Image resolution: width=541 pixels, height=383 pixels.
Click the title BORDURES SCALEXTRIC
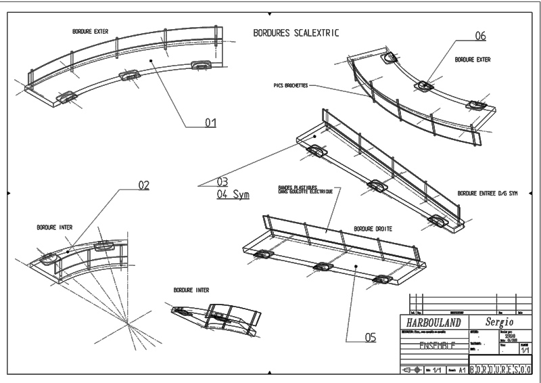pos(296,32)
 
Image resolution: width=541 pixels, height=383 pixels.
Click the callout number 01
pos(210,122)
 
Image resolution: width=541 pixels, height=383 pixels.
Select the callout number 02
pos(143,185)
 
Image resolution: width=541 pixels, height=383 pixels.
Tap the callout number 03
pos(222,181)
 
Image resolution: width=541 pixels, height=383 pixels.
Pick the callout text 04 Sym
pos(233,194)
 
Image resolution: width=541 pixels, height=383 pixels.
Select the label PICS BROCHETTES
pos(291,86)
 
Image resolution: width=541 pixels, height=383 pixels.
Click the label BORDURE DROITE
pos(373,229)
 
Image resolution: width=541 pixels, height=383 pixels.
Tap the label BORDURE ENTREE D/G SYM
pos(487,193)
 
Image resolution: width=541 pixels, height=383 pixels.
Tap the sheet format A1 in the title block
pos(463,371)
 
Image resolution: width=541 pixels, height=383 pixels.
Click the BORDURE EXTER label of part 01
pos(91,31)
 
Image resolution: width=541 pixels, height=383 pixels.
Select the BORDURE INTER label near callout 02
pos(54,227)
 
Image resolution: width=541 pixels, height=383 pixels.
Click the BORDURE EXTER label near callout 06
pos(473,60)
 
